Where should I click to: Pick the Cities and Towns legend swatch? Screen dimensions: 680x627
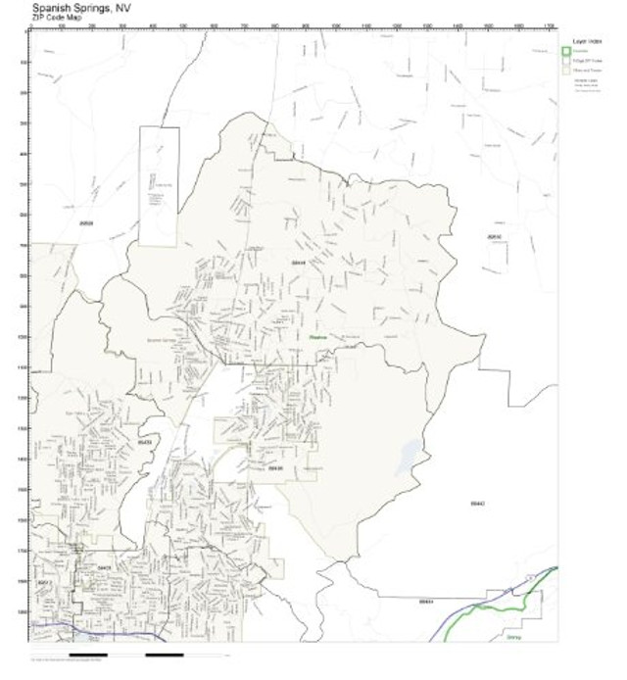coord(565,71)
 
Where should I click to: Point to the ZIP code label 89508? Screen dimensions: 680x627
coord(84,223)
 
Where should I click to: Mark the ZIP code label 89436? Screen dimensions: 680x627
coord(275,468)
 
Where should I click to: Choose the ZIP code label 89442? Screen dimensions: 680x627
coord(478,503)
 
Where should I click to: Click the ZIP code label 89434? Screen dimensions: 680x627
coord(424,601)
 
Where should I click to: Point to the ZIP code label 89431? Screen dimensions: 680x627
coord(105,566)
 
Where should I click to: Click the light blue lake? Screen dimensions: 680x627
coord(407,459)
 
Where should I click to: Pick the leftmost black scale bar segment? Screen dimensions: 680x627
coord(88,653)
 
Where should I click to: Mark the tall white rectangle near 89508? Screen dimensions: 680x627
coord(159,186)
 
